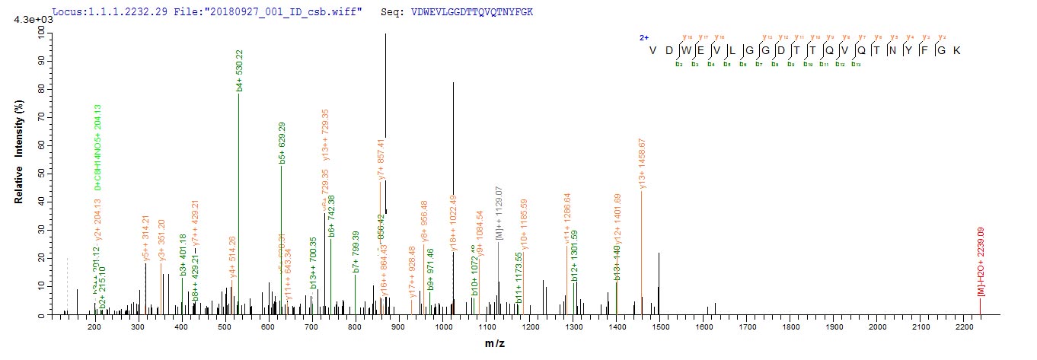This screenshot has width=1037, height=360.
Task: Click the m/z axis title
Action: (x=495, y=344)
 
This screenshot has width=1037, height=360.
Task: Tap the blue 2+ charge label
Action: (x=643, y=37)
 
